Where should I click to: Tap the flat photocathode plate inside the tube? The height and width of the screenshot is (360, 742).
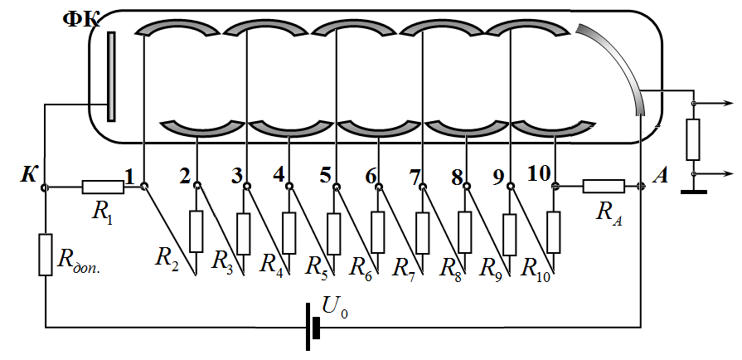click(x=111, y=76)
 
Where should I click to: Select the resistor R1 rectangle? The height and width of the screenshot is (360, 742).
click(x=103, y=187)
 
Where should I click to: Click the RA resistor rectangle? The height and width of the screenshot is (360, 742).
click(x=604, y=186)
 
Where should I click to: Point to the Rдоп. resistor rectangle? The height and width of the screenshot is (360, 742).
click(x=46, y=255)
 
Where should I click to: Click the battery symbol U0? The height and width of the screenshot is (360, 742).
click(x=313, y=327)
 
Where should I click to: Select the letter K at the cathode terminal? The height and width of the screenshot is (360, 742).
click(x=27, y=176)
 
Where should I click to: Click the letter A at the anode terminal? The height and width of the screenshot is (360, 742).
click(x=661, y=176)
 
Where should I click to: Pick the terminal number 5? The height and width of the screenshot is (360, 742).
click(x=325, y=176)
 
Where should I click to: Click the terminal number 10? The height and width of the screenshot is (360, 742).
click(x=539, y=175)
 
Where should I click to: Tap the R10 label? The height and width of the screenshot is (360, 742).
click(x=536, y=270)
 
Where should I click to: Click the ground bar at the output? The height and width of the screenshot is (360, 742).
click(x=694, y=192)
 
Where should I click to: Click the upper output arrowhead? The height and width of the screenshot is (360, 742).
click(x=729, y=103)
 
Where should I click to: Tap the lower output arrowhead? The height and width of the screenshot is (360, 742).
click(x=729, y=174)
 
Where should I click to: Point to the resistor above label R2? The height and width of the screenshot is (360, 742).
click(x=196, y=231)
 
